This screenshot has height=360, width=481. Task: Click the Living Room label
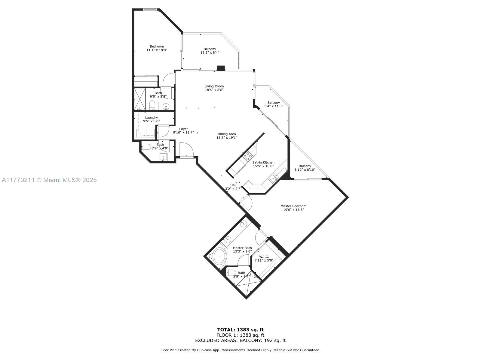(x=214, y=86)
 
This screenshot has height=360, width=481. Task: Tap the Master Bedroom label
(x=293, y=206)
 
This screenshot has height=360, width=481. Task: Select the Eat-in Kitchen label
(x=263, y=162)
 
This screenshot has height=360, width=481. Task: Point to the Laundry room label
(x=151, y=118)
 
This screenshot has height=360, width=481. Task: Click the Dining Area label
(x=227, y=134)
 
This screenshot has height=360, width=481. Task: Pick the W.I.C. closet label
(x=264, y=257)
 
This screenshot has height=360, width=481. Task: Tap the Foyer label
(x=183, y=129)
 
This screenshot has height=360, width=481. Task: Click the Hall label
(x=233, y=185)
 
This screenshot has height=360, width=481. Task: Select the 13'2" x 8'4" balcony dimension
(x=210, y=52)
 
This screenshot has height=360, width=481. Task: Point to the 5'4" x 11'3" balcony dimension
(x=274, y=106)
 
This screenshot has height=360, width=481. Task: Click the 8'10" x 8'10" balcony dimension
(x=305, y=169)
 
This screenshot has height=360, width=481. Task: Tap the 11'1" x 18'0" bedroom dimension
(x=157, y=50)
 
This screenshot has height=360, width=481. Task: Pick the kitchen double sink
(x=273, y=178)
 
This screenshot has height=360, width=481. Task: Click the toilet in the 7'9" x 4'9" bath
(x=146, y=147)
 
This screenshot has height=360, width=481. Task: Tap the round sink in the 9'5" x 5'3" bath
(x=166, y=106)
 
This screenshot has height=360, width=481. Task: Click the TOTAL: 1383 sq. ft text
(x=240, y=330)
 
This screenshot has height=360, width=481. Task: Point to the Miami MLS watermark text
(x=49, y=180)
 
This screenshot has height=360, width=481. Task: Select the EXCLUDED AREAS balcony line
(x=240, y=340)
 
